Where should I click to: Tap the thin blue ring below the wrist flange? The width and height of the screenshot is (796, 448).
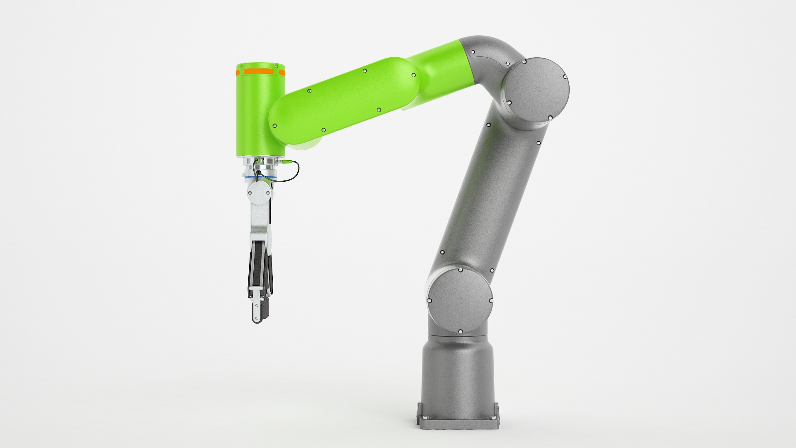[x=259, y=178]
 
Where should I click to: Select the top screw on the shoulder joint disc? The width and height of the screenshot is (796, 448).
[x=460, y=270]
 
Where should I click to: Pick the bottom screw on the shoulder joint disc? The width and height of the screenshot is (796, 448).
[x=460, y=331]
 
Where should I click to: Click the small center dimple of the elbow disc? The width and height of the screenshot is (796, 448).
[x=538, y=89]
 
